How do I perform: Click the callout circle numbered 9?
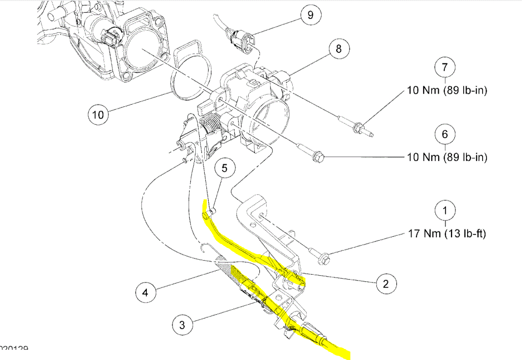pos(310,15)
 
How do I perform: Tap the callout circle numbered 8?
pos(339,49)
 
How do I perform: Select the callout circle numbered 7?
pos(445,67)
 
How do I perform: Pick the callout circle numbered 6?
pos(445,135)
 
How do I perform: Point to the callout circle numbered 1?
pos(445,211)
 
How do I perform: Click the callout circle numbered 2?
pos(385,283)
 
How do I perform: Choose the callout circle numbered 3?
pos(182,325)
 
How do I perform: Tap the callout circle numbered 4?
pos(146,292)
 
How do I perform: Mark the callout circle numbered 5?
pos(224,169)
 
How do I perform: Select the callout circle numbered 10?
pos(98,114)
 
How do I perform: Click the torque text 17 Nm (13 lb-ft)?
pos(447,233)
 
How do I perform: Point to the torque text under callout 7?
pos(447,90)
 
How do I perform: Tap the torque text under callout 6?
pos(447,157)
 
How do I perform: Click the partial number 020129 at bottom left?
pos(14,349)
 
